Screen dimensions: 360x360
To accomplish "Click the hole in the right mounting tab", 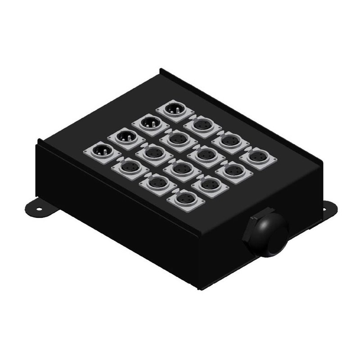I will coord(325,208).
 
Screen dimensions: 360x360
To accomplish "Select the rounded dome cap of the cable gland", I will coord(272,232).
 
